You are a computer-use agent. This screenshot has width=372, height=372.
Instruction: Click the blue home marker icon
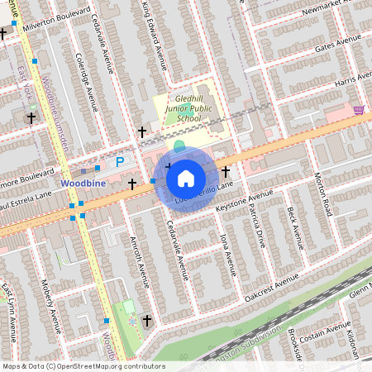click(x=186, y=178)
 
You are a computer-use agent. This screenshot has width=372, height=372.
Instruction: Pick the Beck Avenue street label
click(x=295, y=221)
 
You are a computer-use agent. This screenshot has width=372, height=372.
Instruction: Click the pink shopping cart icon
click(x=359, y=109)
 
